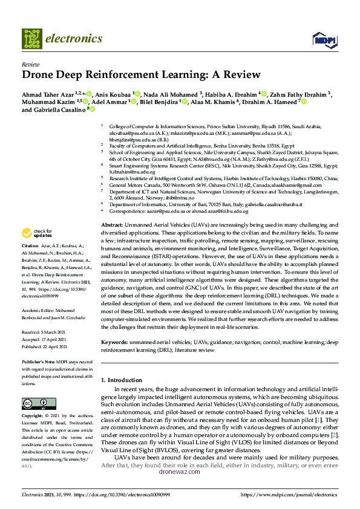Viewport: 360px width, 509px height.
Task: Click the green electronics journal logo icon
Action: click(31, 38)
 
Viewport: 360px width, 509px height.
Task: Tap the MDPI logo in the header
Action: click(323, 39)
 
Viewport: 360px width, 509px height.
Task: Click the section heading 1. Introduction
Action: click(124, 380)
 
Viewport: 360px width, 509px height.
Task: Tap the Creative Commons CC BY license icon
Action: click(30, 404)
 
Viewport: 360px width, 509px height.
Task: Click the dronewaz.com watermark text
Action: click(179, 472)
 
